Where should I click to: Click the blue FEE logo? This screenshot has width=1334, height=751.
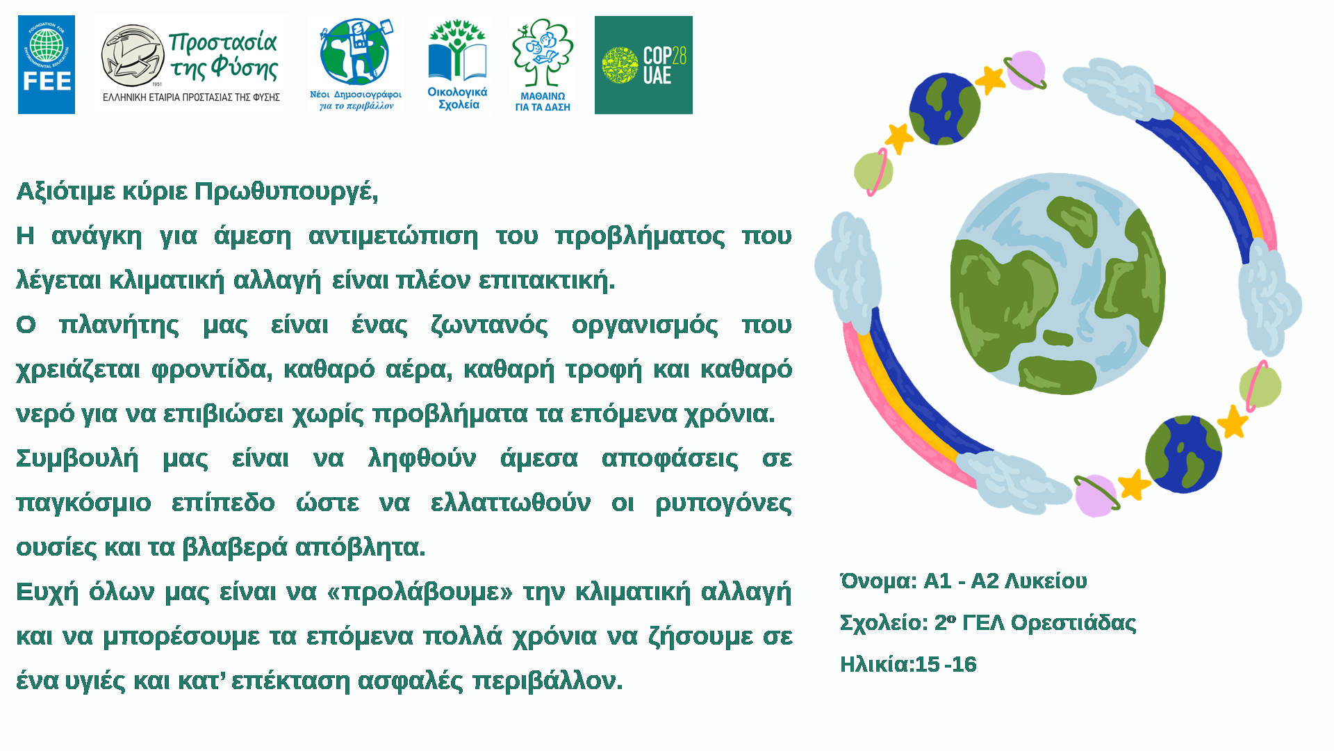47,65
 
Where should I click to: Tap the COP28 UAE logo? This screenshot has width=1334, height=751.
643,65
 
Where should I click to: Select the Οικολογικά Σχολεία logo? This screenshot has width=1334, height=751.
457,65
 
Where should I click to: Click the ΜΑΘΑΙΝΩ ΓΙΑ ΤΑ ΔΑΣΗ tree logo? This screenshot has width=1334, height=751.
543,65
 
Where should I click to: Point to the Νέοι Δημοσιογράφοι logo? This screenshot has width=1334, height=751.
356,65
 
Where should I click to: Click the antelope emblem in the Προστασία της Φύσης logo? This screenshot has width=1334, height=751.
132,56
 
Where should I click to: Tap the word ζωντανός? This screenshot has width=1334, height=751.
489,325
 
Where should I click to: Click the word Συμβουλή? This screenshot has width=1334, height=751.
77,458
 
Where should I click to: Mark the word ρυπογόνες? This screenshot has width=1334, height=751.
723,503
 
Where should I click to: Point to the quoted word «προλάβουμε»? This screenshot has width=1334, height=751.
420,592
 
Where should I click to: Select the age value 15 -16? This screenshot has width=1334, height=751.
946,664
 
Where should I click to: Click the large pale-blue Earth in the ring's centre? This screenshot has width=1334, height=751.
1057,284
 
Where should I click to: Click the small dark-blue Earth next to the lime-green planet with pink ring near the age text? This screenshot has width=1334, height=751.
1183,454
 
